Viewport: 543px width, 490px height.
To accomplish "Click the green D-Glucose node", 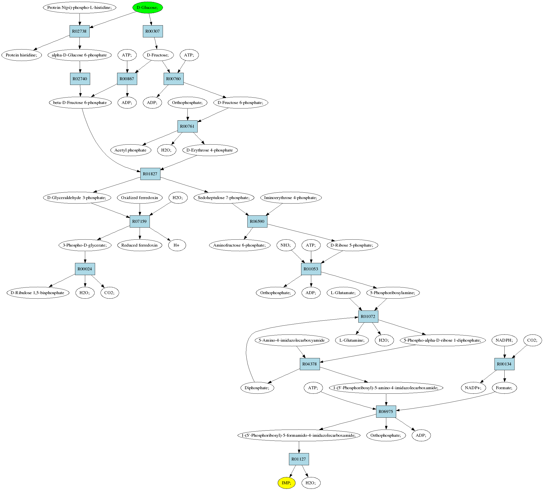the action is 147,7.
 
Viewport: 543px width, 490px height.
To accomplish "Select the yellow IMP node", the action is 286,483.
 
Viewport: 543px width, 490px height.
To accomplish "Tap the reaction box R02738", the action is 79,31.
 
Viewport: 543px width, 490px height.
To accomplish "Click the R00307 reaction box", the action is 153,31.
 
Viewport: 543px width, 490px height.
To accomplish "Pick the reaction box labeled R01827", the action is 150,174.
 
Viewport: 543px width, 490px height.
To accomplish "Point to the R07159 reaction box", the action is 139,221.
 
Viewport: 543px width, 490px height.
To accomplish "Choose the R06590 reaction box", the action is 257,221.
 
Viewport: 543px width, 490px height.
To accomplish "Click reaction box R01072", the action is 368,316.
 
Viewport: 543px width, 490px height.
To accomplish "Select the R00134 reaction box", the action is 504,364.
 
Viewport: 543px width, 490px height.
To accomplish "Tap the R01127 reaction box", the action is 299,459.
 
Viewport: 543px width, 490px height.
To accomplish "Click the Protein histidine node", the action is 22,55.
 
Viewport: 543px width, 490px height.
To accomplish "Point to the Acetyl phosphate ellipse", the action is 130,150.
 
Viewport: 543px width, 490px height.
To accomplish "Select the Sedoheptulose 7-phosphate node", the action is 224,198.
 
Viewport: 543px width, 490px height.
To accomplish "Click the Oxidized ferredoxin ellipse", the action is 139,198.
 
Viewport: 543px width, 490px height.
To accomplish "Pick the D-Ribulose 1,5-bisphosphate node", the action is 38,293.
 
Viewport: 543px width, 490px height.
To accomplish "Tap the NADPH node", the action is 504,340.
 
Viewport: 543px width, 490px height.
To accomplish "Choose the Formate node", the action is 504,388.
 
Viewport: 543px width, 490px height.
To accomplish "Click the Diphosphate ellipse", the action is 257,388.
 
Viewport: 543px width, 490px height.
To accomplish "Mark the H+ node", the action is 177,245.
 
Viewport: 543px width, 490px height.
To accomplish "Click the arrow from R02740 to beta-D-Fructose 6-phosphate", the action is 80,91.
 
